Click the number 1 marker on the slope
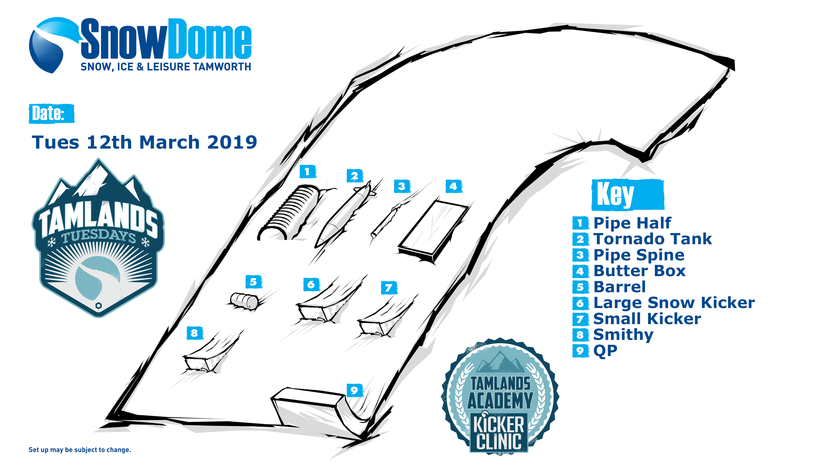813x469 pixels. pyautogui.click(x=308, y=172)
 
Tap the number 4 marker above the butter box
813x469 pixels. pyautogui.click(x=454, y=186)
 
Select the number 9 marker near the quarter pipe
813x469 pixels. pyautogui.click(x=354, y=390)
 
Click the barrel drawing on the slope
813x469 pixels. pyautogui.click(x=244, y=301)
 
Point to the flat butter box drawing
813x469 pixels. pyautogui.click(x=433, y=231)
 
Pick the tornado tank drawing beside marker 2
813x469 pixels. pyautogui.click(x=344, y=214)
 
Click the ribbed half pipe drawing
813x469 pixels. pyautogui.click(x=290, y=213)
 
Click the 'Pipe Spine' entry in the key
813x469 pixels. pyautogui.click(x=639, y=255)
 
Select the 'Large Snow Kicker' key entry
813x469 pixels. pyautogui.click(x=674, y=302)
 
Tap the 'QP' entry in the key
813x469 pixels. pyautogui.click(x=605, y=350)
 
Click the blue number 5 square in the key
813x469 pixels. pyautogui.click(x=580, y=287)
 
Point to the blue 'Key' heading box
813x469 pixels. pyautogui.click(x=628, y=195)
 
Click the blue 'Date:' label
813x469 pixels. pyautogui.click(x=51, y=113)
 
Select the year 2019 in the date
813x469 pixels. pyautogui.click(x=232, y=142)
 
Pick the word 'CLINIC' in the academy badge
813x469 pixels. pyautogui.click(x=499, y=441)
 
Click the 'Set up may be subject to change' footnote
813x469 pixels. pyautogui.click(x=80, y=450)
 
